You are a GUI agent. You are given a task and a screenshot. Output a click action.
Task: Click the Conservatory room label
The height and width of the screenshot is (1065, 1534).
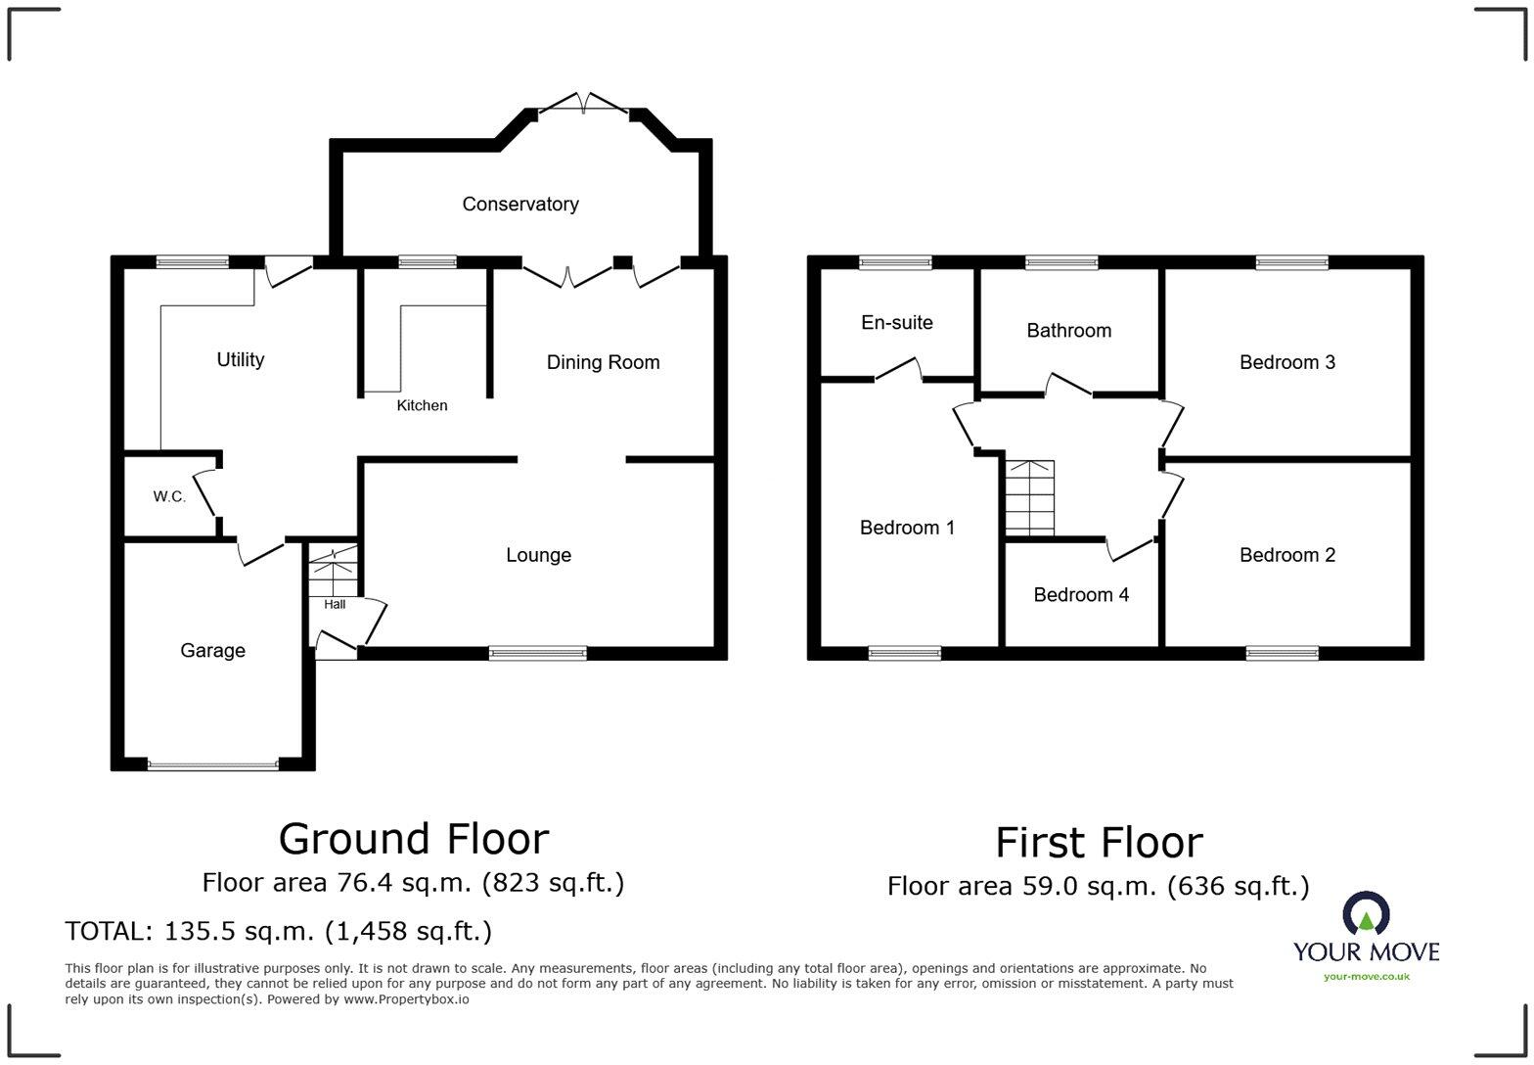519,204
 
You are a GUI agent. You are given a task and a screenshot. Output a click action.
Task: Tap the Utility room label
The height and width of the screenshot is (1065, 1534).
240,359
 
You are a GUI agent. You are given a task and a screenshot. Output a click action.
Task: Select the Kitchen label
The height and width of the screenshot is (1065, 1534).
422,405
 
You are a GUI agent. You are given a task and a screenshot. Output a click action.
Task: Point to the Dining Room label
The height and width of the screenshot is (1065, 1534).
603,362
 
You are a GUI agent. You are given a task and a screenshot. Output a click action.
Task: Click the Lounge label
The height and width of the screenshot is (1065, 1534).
538,555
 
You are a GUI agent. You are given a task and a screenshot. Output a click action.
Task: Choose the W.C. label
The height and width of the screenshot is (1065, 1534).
169,497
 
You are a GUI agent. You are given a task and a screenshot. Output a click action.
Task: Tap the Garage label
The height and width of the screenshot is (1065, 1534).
212,651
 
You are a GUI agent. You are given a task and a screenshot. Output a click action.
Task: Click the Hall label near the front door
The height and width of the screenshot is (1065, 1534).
335,604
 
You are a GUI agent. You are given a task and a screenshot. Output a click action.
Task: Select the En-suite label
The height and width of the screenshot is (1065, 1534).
896,322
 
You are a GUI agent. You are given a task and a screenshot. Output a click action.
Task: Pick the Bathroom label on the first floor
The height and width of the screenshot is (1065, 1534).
1068,331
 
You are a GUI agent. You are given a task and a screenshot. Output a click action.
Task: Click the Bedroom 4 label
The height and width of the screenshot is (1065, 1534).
1081,595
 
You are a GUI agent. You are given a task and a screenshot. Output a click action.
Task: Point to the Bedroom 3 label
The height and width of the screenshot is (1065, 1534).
1286,362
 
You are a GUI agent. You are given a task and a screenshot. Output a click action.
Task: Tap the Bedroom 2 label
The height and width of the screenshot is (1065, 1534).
1286,555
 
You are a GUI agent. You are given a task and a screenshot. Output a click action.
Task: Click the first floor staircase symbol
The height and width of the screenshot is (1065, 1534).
1030,498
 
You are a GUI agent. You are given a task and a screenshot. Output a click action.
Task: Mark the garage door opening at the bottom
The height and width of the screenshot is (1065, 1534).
212,764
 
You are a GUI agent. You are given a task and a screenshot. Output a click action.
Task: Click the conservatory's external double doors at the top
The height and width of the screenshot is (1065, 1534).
583,105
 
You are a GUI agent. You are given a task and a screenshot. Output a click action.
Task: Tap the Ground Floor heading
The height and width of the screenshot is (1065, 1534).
414,839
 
